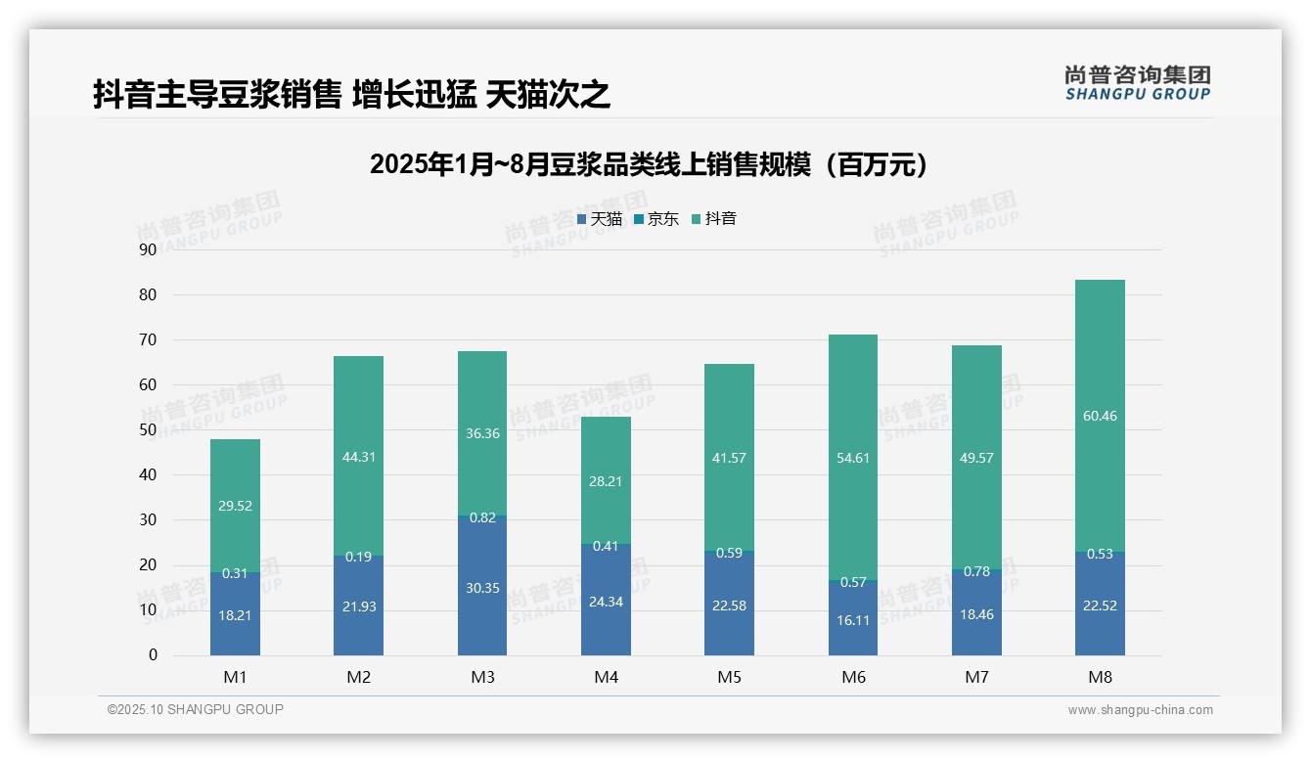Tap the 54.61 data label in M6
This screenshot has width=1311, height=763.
tap(853, 458)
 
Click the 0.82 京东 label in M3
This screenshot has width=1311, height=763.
tap(482, 518)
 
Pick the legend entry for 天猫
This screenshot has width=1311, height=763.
tap(600, 219)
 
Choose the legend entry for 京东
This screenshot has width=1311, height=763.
tap(656, 219)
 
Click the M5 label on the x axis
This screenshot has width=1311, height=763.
tap(729, 678)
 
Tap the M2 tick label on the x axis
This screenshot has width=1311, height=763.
tap(359, 678)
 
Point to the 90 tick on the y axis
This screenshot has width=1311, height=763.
tap(148, 249)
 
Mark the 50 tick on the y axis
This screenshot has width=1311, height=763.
tap(148, 429)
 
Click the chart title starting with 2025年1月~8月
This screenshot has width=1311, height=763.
tap(649, 164)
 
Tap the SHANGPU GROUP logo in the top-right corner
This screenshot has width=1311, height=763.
tap(1137, 83)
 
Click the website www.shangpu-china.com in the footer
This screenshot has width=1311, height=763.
tap(1140, 710)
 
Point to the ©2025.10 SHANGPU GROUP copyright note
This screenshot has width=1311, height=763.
tap(196, 710)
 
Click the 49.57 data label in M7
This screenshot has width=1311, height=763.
tap(976, 459)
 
